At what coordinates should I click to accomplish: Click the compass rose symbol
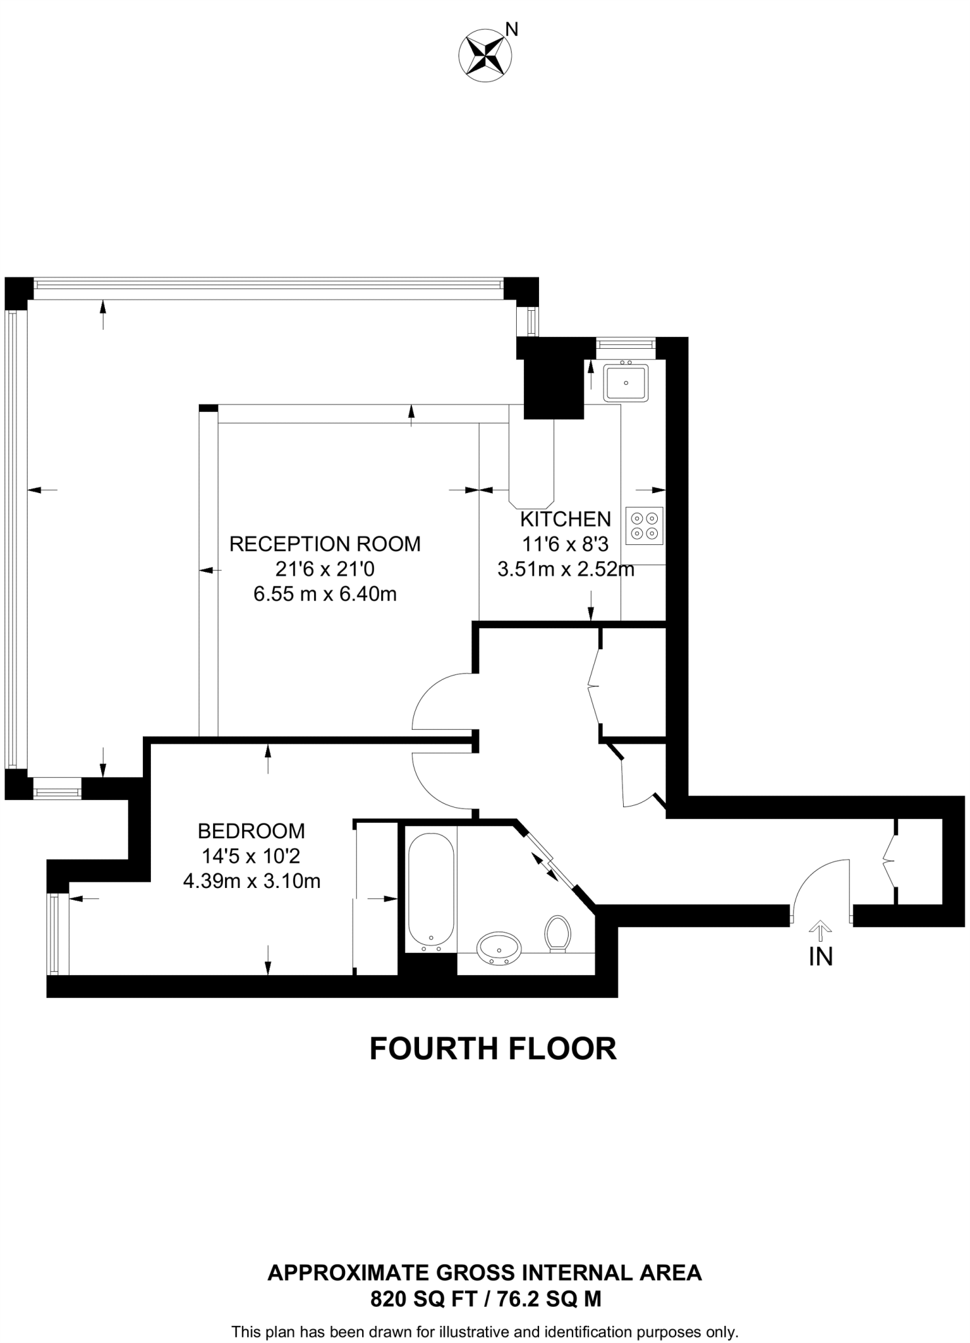pyautogui.click(x=484, y=56)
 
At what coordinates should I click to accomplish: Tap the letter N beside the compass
pyautogui.click(x=512, y=29)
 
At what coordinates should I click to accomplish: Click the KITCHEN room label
pyautogui.click(x=565, y=519)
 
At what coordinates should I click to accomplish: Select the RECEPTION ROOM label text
pyautogui.click(x=325, y=544)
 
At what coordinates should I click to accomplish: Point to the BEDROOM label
pyautogui.click(x=251, y=831)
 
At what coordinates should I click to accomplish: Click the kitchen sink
pyautogui.click(x=626, y=382)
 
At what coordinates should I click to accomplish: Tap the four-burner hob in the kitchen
pyautogui.click(x=645, y=525)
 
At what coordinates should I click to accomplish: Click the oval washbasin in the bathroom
pyautogui.click(x=500, y=947)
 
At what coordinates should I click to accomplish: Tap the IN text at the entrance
pyautogui.click(x=820, y=957)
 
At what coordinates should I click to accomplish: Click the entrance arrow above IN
pyautogui.click(x=820, y=930)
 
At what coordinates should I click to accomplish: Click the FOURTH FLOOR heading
pyautogui.click(x=493, y=1048)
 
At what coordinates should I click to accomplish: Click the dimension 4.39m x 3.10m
pyautogui.click(x=251, y=881)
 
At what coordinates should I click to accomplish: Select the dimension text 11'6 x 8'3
pyautogui.click(x=565, y=544)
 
